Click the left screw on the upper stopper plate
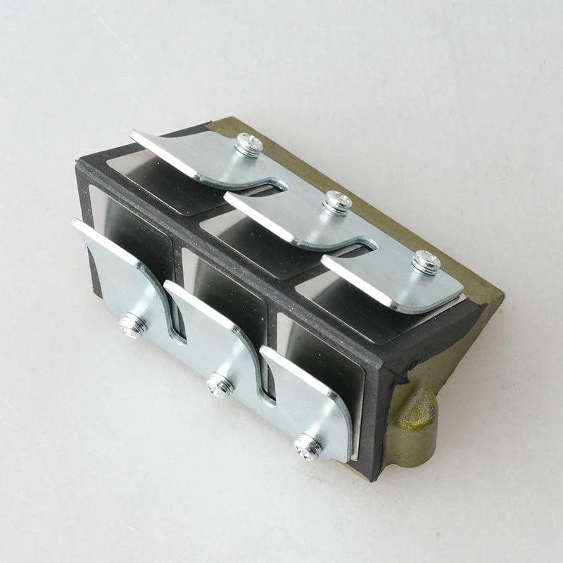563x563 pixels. pyautogui.click(x=248, y=144)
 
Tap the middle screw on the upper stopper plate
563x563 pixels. pyautogui.click(x=337, y=203)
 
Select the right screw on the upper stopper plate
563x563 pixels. pyautogui.click(x=425, y=262)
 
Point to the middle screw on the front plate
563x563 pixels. pyautogui.click(x=220, y=384)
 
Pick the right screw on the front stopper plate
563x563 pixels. pyautogui.click(x=308, y=445)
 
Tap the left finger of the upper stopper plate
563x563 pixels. pyautogui.click(x=169, y=148)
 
